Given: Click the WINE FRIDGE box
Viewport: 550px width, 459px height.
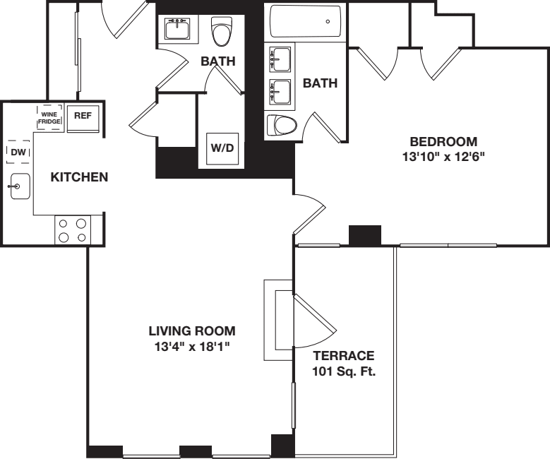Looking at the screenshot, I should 49,117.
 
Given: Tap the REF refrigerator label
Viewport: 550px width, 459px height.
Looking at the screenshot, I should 83,117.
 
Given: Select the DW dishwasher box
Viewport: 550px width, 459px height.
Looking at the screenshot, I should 18,153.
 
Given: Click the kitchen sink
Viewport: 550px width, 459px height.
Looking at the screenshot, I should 19,186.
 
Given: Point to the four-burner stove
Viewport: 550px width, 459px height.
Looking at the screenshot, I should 73,229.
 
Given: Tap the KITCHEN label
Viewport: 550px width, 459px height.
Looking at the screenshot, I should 79,177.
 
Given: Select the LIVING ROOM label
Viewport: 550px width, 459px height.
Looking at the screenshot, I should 191,330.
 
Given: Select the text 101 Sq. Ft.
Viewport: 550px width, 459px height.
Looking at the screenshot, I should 343,371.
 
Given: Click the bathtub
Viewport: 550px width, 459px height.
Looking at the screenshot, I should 306,22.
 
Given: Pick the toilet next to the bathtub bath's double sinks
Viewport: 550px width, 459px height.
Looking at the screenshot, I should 282,126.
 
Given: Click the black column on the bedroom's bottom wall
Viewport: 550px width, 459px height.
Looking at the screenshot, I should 365,235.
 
